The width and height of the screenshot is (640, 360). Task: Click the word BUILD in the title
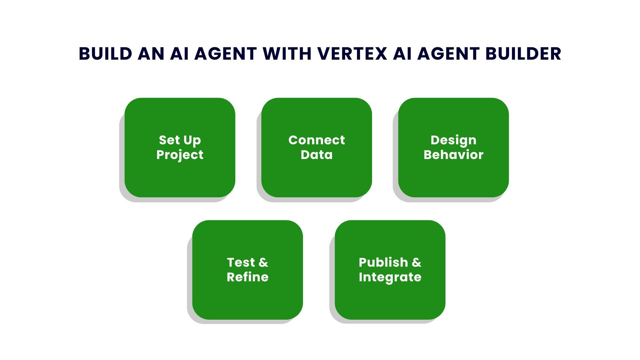click(x=105, y=54)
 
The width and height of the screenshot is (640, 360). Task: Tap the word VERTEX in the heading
click(x=352, y=54)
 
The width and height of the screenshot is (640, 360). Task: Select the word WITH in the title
click(x=287, y=54)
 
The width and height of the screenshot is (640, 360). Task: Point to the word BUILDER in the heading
click(x=523, y=54)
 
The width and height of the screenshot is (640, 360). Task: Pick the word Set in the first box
click(x=169, y=140)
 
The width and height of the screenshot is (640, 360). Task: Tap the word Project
click(x=180, y=155)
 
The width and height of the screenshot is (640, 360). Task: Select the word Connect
click(x=316, y=140)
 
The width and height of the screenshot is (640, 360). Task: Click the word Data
click(x=316, y=155)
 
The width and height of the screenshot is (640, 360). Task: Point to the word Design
click(x=453, y=140)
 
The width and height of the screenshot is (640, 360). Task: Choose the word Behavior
click(x=453, y=155)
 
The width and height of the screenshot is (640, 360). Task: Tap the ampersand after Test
click(x=263, y=262)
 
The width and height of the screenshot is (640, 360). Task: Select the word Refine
click(x=247, y=277)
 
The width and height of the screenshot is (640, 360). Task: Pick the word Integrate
click(x=390, y=277)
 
